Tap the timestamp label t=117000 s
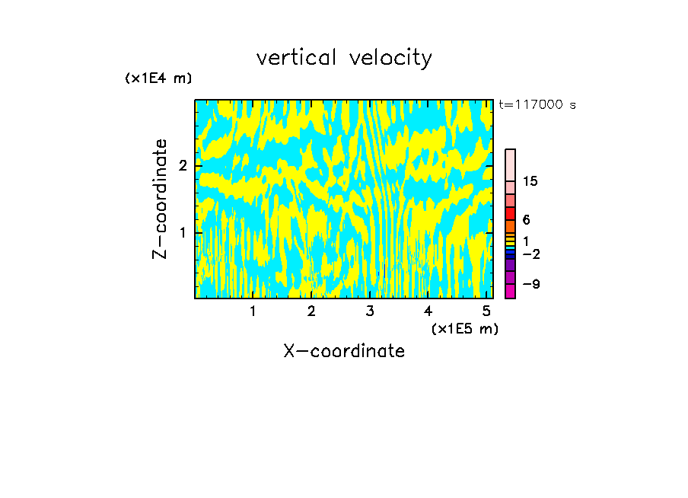[537, 105]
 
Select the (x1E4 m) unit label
[158, 78]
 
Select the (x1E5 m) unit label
[464, 328]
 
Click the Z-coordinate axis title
[160, 199]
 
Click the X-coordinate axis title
[344, 351]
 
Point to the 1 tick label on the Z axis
[183, 231]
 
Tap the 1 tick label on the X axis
[253, 311]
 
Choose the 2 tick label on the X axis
[311, 311]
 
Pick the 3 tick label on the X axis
[370, 311]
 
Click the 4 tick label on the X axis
[428, 311]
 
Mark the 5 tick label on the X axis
[486, 311]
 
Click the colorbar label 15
[530, 181]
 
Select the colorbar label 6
[527, 220]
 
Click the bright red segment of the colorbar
[511, 213]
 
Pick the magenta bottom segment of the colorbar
[511, 291]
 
